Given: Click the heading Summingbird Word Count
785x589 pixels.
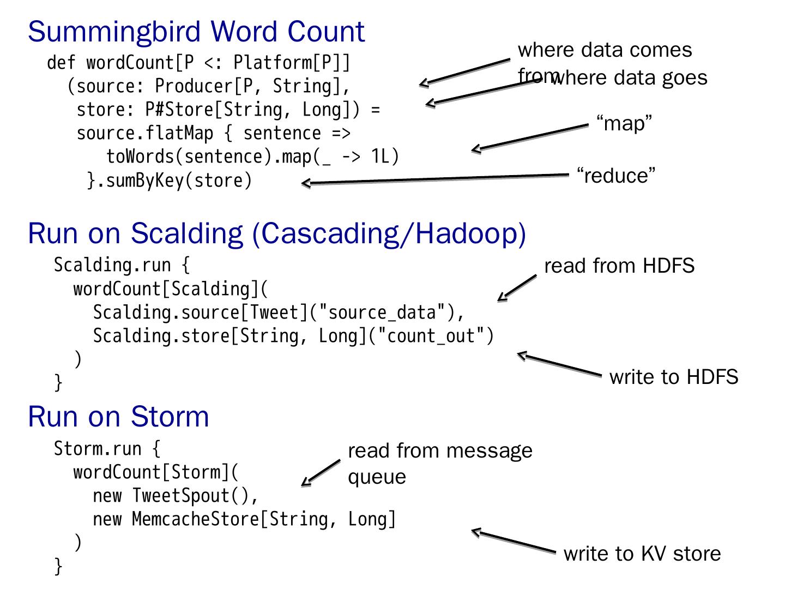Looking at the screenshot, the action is [x=196, y=31].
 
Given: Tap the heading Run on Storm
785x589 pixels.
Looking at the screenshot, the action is [x=118, y=416].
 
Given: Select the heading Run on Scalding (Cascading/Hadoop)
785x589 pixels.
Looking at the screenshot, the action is [x=277, y=233].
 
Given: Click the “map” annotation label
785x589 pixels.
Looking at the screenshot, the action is [x=624, y=123].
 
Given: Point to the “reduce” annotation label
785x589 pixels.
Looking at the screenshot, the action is [x=616, y=176].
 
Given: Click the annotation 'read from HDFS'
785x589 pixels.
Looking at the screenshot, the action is [x=619, y=266].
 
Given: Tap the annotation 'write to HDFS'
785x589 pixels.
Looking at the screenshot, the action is [x=674, y=377].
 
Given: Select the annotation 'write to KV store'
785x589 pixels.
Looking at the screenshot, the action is [x=642, y=554].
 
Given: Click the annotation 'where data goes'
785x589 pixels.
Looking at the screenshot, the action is [x=630, y=78].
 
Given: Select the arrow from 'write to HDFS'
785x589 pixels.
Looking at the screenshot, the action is [x=559, y=365].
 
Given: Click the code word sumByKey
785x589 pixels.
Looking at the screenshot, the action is [x=145, y=180].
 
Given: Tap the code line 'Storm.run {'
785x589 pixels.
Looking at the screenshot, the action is [x=107, y=449].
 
